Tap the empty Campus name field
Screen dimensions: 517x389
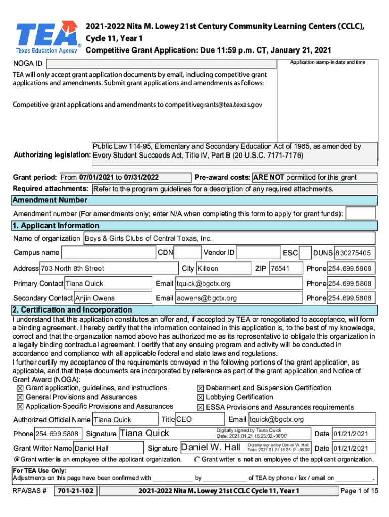pos(108,253)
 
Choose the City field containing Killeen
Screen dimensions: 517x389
pos(222,268)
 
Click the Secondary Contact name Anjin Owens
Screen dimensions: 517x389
pos(113,298)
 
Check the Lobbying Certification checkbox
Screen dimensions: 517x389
pos(201,398)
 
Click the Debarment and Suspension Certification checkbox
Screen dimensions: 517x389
pos(201,388)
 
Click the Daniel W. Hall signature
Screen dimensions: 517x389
pos(211,447)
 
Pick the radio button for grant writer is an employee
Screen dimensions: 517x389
pos(17,459)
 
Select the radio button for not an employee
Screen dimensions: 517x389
pos(197,459)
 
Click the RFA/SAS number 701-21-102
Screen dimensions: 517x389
pos(75,491)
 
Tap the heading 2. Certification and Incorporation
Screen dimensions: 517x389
pos(73,309)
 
